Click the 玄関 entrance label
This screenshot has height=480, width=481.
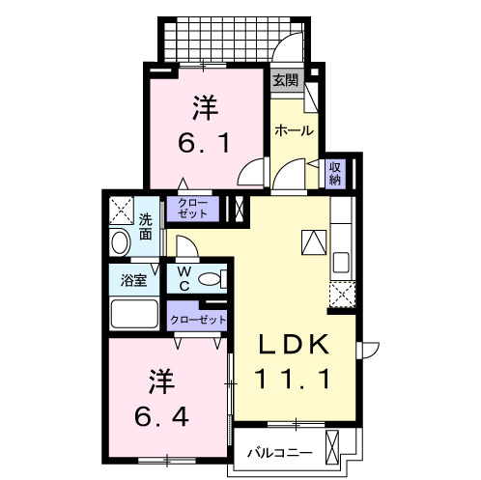click(284, 80)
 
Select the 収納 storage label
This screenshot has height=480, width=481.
click(336, 173)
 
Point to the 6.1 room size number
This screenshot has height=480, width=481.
click(203, 143)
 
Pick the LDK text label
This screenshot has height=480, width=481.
click(297, 345)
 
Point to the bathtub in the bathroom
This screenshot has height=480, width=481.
click(134, 314)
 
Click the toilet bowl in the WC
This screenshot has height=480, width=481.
click(209, 280)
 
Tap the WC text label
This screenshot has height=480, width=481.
click(183, 279)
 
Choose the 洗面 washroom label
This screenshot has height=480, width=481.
click(145, 225)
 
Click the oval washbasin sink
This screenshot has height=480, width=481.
click(120, 242)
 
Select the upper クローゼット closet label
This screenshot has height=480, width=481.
click(193, 207)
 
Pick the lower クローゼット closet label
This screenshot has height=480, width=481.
click(198, 319)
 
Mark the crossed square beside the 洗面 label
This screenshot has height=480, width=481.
click(121, 209)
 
